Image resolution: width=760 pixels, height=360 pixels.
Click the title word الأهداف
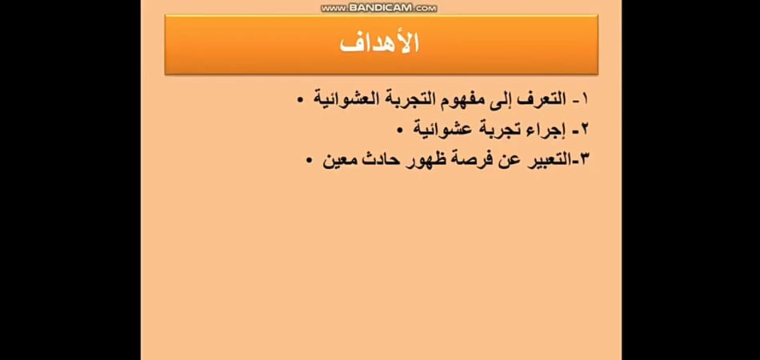pos(379,43)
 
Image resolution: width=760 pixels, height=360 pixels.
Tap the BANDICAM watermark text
pos(379,8)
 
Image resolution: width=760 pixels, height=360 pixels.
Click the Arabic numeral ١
pos(584,100)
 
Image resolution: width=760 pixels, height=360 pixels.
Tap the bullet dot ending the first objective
pos(301,101)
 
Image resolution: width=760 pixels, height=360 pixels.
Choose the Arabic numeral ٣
pos(582,159)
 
